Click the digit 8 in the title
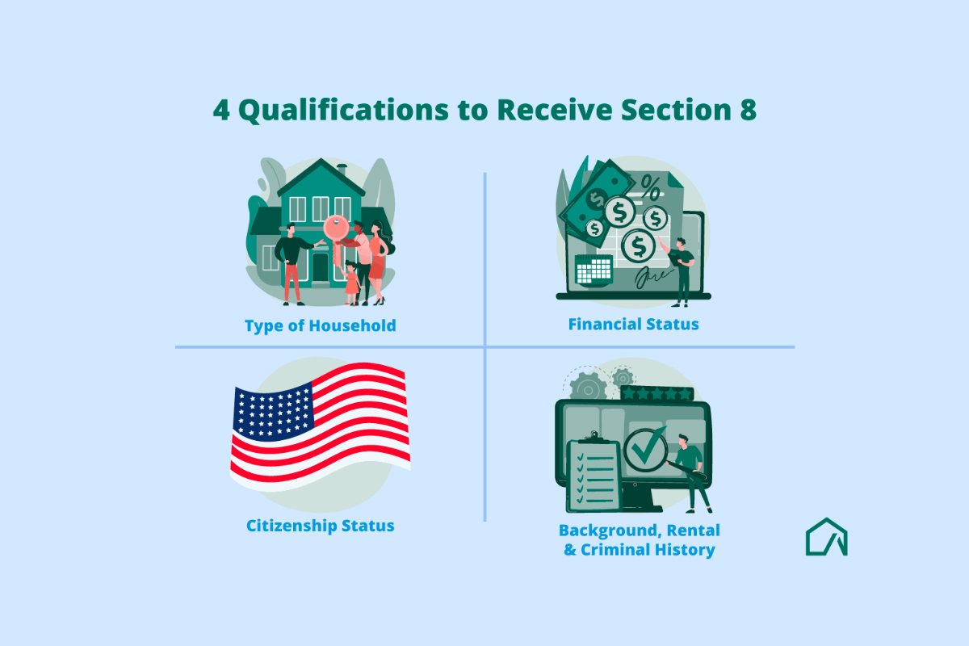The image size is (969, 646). coord(748,111)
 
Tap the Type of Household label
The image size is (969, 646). coord(321,326)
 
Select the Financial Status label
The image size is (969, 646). coord(633,325)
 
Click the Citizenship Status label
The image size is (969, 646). coord(321,526)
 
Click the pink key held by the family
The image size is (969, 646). coord(338,227)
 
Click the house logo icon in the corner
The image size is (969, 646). coord(826,538)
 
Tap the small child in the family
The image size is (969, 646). coord(351,282)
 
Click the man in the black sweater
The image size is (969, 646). coord(293,262)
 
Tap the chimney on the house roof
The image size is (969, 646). coord(342,170)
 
